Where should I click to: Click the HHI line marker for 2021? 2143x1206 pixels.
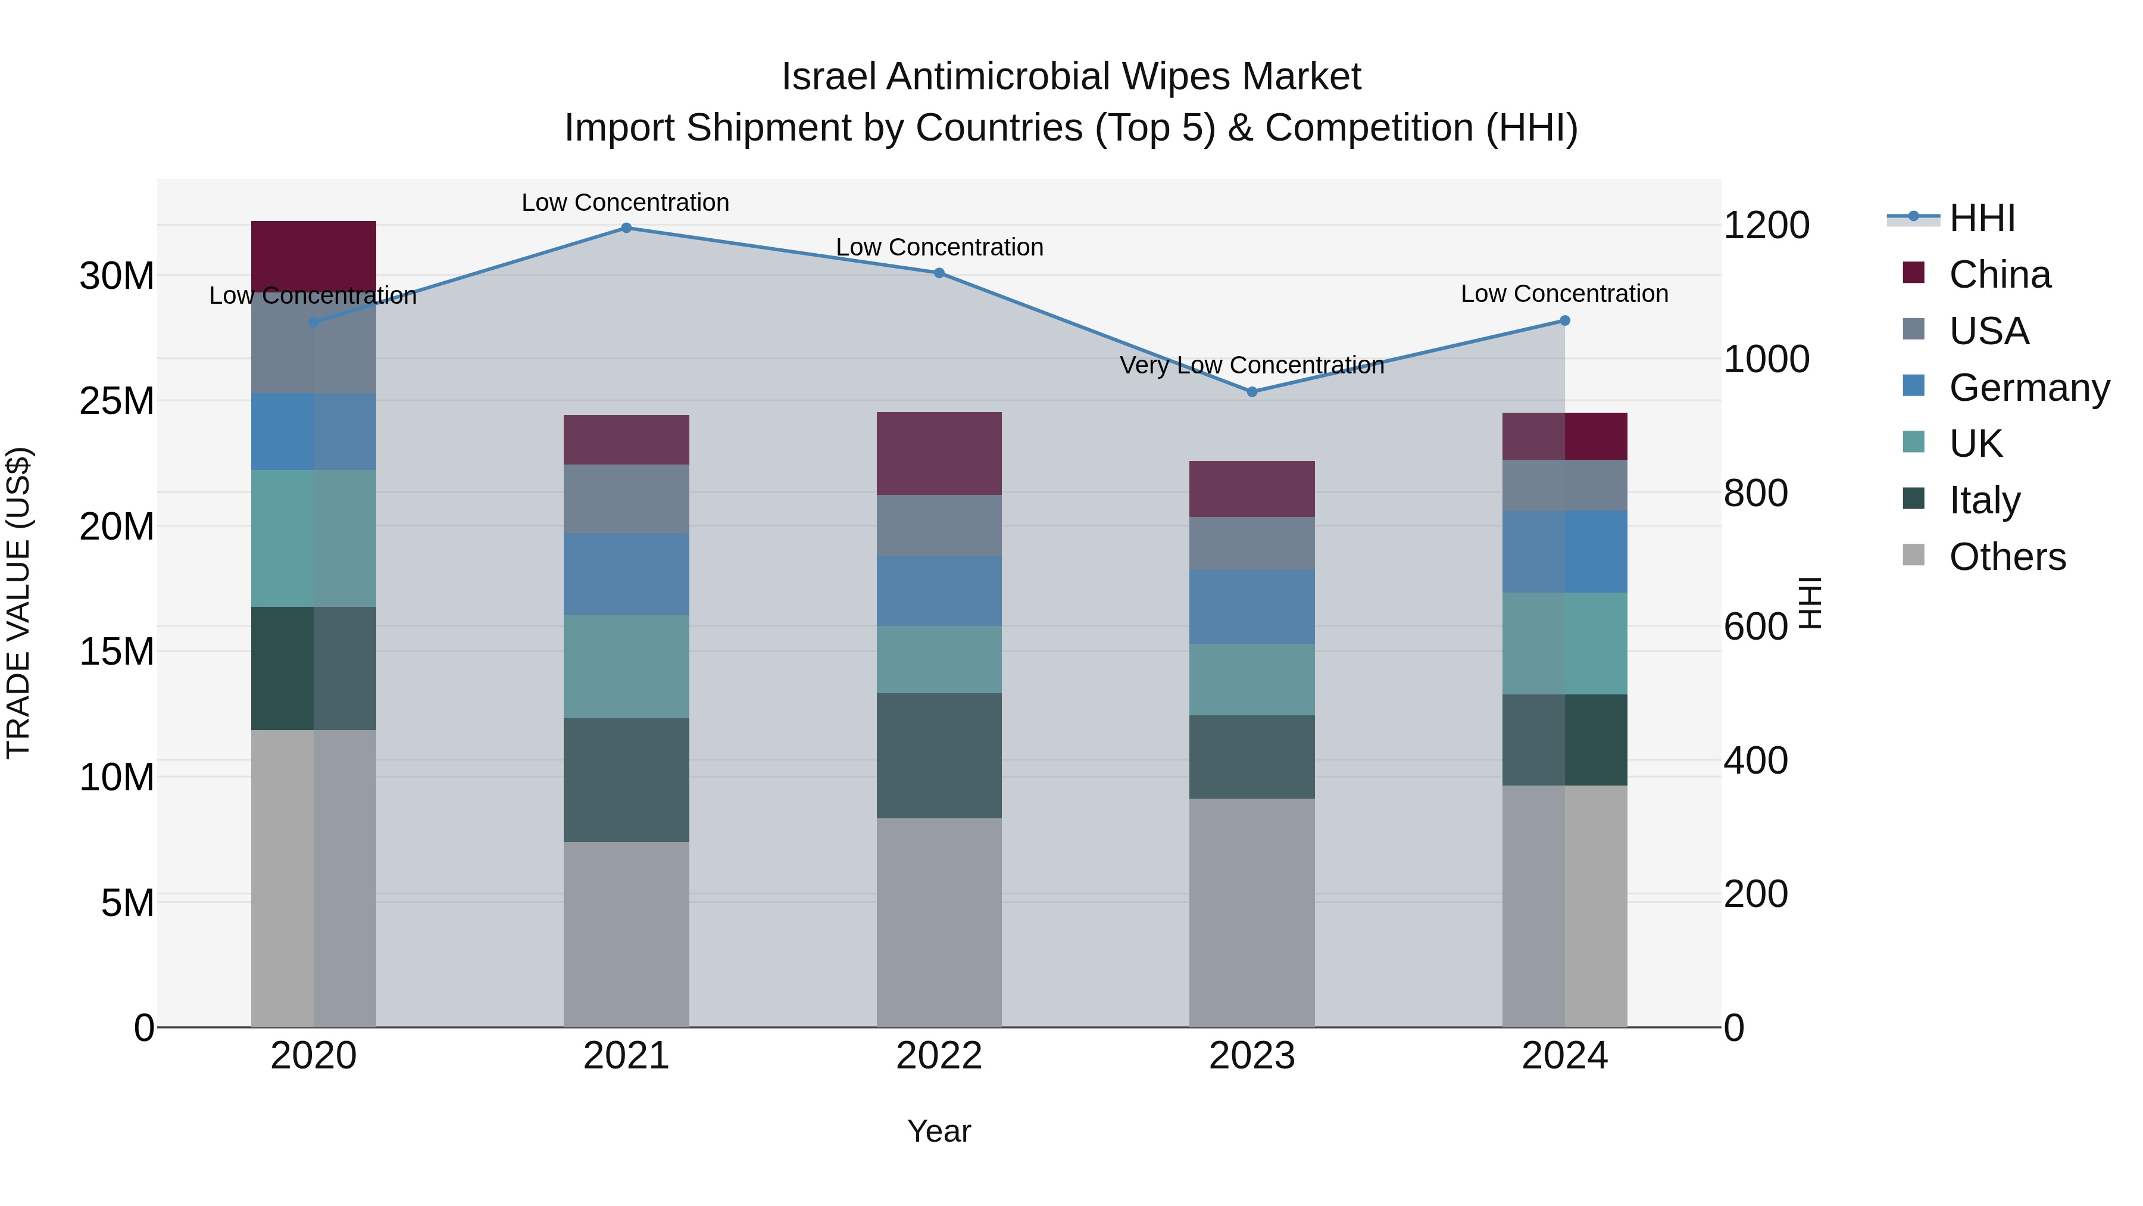coord(626,228)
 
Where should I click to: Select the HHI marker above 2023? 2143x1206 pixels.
coord(1252,391)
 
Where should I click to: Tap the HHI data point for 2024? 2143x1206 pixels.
coord(1565,320)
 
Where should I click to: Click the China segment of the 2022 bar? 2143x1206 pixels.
coord(939,454)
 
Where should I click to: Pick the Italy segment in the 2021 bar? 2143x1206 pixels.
coord(626,780)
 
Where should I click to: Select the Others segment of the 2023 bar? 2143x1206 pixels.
coord(1252,912)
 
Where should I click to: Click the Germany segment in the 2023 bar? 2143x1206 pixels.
coord(1252,607)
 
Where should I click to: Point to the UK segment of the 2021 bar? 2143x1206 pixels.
coord(626,666)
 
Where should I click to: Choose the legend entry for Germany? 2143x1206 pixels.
coord(2029,388)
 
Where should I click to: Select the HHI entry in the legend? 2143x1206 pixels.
coord(1982,218)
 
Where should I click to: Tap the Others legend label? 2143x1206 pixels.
coord(2007,557)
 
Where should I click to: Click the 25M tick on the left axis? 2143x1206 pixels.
coord(117,401)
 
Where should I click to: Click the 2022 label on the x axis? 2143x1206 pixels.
coord(939,1056)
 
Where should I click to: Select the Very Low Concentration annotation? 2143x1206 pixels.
coord(1252,366)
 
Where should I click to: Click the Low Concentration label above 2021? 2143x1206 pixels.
coord(626,202)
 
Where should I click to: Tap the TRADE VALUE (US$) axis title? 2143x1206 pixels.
coord(19,603)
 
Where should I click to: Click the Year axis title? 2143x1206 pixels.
coord(939,1131)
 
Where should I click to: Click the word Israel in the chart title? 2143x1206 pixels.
coord(829,77)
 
